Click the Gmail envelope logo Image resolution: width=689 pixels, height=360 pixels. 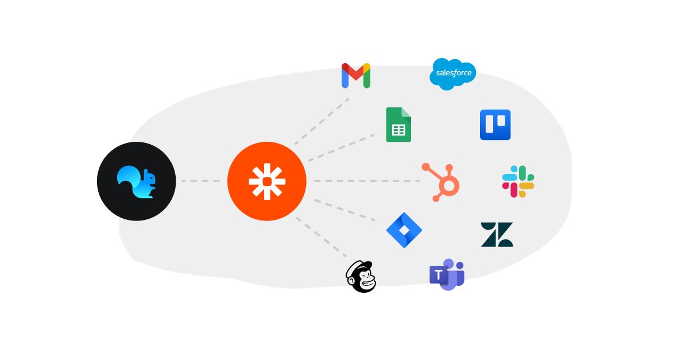[x=356, y=76]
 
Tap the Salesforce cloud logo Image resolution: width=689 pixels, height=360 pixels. [x=453, y=74]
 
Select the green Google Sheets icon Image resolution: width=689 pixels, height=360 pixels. [x=398, y=125]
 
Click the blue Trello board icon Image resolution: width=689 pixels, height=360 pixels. [x=495, y=125]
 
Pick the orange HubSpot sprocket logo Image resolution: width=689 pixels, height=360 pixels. [x=442, y=183]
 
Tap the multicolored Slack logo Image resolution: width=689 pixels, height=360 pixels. [x=518, y=181]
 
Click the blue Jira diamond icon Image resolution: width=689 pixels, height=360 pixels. [x=404, y=230]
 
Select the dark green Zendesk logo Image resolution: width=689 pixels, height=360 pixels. [x=497, y=234]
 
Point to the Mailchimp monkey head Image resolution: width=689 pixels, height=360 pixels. [x=361, y=277]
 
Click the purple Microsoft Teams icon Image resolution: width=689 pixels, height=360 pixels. [x=447, y=274]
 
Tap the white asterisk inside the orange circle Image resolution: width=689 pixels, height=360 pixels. [x=267, y=181]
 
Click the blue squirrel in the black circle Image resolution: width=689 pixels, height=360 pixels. [x=137, y=181]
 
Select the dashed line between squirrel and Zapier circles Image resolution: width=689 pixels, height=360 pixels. [x=201, y=181]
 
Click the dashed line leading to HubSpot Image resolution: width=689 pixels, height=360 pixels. [x=367, y=181]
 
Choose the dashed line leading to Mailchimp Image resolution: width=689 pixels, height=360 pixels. [x=322, y=238]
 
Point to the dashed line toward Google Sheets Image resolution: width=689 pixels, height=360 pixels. [x=342, y=147]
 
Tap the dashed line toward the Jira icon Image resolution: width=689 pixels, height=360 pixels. [x=344, y=210]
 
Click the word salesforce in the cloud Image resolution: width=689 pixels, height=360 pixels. [x=454, y=73]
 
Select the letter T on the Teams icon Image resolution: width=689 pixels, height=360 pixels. [x=439, y=275]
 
